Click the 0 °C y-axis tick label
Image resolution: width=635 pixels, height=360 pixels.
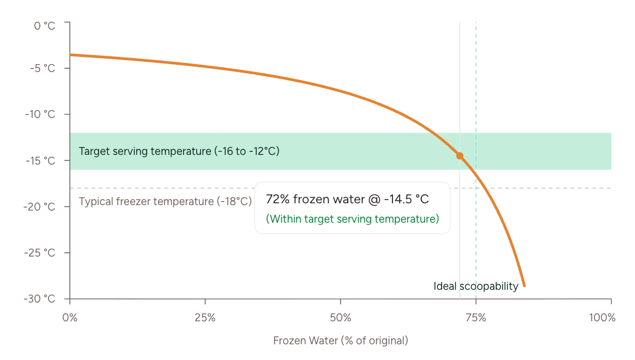[44, 25]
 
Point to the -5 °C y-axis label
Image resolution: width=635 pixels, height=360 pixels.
[42, 68]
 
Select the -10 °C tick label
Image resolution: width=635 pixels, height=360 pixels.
[41, 114]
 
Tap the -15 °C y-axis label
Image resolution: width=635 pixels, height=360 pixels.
[41, 160]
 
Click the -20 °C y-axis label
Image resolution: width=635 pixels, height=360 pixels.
[41, 207]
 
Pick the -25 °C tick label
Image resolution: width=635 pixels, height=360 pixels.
[41, 253]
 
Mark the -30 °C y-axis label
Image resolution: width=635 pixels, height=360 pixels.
[41, 299]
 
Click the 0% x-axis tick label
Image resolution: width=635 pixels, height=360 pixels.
[70, 318]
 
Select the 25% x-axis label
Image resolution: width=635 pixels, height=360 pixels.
[206, 318]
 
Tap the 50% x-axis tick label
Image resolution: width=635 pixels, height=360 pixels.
[340, 318]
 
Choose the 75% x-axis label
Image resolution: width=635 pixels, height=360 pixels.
[476, 318]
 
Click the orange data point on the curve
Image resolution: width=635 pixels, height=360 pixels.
[460, 155]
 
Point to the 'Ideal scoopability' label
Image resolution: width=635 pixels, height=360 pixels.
[476, 286]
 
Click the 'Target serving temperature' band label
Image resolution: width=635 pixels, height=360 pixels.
[179, 151]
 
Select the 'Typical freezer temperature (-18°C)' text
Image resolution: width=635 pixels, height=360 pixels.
[165, 201]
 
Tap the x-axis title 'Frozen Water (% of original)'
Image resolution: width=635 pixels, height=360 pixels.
[340, 341]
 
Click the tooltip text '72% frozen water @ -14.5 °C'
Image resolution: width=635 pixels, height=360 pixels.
[348, 200]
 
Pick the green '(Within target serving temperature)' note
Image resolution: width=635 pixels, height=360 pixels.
[353, 219]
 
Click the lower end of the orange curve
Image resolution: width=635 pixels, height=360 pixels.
[524, 286]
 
